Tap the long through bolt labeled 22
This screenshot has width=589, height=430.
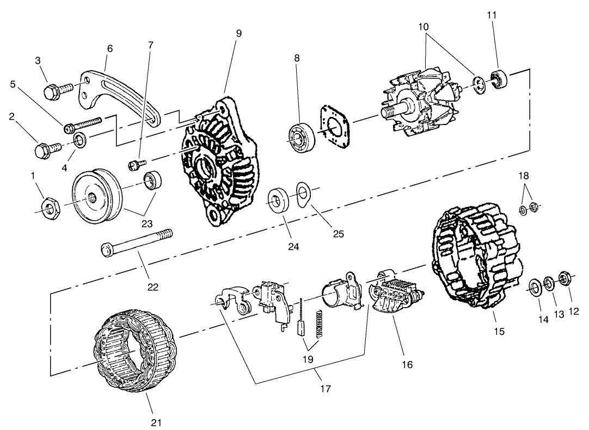[136, 242]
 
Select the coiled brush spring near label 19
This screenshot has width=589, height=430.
[320, 322]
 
